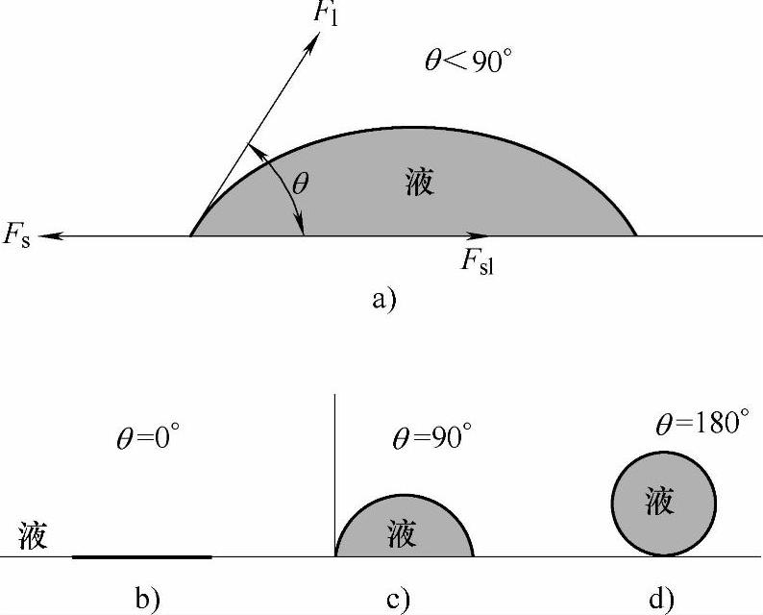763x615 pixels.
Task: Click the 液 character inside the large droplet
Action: [x=420, y=182]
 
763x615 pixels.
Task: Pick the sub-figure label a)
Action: [x=382, y=300]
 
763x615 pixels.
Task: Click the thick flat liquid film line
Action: [x=142, y=556]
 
